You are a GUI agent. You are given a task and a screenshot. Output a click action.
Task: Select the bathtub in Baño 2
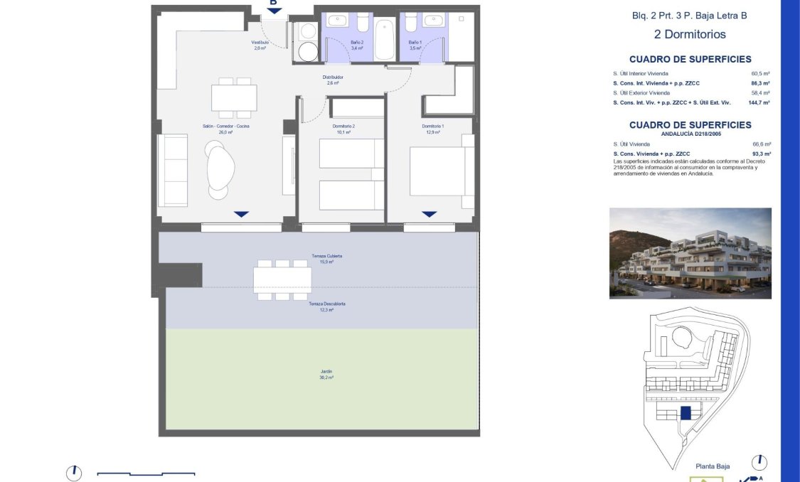click(x=383, y=40)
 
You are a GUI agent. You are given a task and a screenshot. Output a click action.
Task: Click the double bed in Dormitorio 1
click(x=442, y=171)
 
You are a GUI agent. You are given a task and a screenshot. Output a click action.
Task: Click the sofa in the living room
click(x=173, y=170)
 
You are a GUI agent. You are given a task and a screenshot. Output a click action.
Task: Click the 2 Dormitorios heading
click(x=689, y=34)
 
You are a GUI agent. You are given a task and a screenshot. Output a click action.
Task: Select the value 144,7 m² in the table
click(x=759, y=102)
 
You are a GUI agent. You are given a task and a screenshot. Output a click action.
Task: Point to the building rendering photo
click(x=690, y=253)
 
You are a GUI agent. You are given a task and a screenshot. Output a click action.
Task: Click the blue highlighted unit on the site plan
click(x=686, y=413)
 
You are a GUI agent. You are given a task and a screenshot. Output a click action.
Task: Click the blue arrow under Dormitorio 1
click(x=429, y=214)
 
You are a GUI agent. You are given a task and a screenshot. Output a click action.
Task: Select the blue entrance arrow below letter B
click(x=274, y=11)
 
